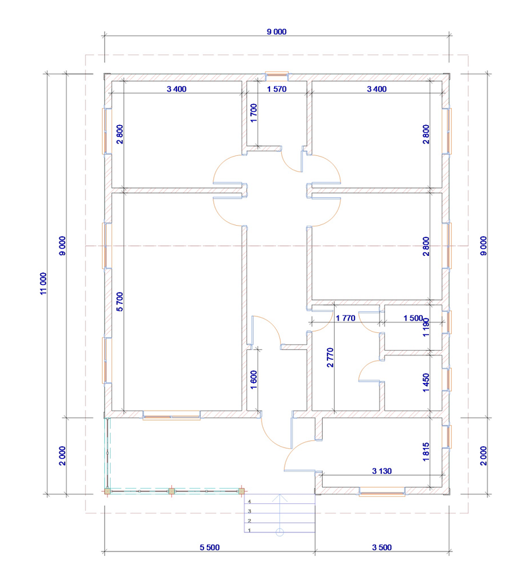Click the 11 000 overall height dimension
[44, 284]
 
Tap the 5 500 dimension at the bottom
[209, 547]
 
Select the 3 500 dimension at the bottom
[382, 547]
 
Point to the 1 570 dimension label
[277, 89]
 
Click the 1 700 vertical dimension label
[254, 113]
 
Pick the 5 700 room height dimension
[119, 301]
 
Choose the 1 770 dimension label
[345, 318]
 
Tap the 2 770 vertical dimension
[330, 357]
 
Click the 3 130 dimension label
[382, 471]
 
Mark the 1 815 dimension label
[426, 452]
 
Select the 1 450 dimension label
[426, 382]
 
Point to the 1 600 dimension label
[254, 380]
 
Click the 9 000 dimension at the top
[277, 32]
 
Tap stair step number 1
[250, 530]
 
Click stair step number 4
[250, 501]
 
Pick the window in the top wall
[277, 76]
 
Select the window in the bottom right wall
[382, 492]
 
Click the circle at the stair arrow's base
[280, 532]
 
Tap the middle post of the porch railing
[171, 492]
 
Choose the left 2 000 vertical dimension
[63, 455]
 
